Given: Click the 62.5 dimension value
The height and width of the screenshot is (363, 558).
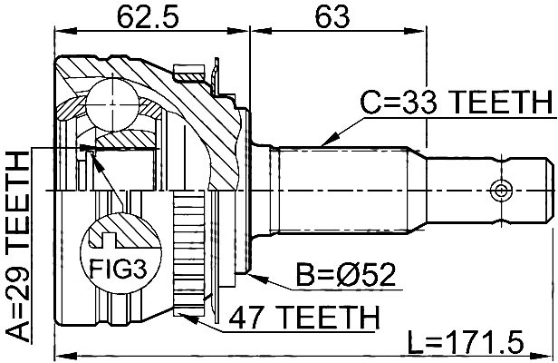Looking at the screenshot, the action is (x=148, y=17).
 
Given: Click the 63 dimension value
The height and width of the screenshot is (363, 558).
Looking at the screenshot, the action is (x=332, y=17).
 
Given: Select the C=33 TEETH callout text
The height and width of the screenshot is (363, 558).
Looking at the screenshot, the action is (x=458, y=103).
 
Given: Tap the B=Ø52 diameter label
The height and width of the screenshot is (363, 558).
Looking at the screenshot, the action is (x=346, y=275).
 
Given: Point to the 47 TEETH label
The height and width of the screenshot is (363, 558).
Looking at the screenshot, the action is (x=304, y=318).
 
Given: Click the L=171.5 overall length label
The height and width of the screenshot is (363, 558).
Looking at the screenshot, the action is (x=466, y=341).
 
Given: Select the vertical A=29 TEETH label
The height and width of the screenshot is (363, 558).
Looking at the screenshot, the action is (x=18, y=246).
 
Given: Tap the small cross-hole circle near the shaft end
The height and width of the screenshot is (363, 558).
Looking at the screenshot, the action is (x=501, y=191).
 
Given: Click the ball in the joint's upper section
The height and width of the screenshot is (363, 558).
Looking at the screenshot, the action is (x=112, y=104).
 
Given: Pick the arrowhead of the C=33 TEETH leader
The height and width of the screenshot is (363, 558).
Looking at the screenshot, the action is (x=328, y=140).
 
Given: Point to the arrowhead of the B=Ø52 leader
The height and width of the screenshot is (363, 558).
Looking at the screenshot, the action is (x=257, y=278).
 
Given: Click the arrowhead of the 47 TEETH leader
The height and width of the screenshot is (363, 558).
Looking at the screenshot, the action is (x=188, y=317).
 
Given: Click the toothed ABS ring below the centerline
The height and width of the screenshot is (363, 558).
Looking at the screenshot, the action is (x=188, y=253).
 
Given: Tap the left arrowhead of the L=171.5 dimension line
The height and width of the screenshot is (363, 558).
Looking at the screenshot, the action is (x=66, y=356).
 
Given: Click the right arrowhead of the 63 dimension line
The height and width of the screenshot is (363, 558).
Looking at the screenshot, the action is (x=415, y=32).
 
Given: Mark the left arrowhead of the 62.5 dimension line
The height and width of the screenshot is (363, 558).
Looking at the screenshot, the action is (x=66, y=32).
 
